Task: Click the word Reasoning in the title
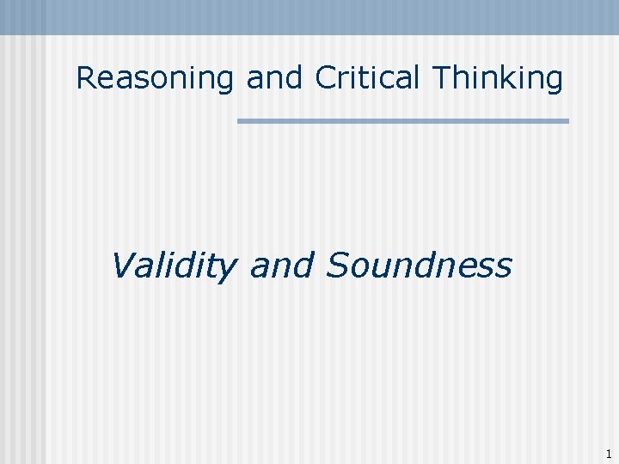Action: (155, 78)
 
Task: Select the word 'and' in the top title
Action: (274, 78)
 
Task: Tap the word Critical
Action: (370, 78)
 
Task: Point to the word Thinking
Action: (498, 78)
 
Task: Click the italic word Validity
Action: (173, 266)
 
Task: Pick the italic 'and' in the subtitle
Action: (279, 266)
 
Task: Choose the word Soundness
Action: (419, 266)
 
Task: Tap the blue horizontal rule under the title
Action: (402, 121)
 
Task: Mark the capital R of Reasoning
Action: (85, 78)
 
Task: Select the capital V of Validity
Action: (122, 266)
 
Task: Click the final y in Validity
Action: (226, 270)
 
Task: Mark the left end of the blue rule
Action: (240, 121)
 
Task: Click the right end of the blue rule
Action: (567, 121)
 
